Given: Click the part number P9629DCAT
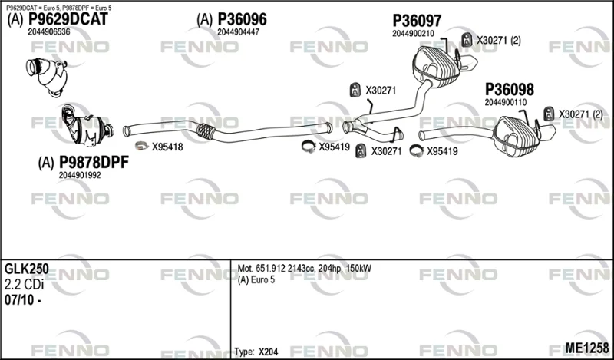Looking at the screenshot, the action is (68, 19).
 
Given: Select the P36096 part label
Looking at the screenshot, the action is (242, 19).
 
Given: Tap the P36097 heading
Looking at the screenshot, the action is (417, 21).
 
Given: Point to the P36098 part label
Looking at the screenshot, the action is (510, 90).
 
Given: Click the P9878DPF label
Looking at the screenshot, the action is (94, 162).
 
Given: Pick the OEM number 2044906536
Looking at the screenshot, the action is (49, 32).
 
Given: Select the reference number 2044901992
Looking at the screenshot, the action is (80, 176).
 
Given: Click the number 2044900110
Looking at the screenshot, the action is (506, 102).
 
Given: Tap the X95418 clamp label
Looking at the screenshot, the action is (167, 147).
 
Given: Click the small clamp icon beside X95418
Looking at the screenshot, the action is (141, 146).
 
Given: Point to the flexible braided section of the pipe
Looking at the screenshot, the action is (206, 131).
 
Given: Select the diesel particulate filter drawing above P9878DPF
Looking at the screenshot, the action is (87, 126).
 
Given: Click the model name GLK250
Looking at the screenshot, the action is (27, 269).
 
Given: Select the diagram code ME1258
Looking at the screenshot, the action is (587, 348).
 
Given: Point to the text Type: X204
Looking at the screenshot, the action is (256, 352).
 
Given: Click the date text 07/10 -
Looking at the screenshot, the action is (23, 300).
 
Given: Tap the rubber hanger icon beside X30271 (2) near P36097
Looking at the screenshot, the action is (467, 40).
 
